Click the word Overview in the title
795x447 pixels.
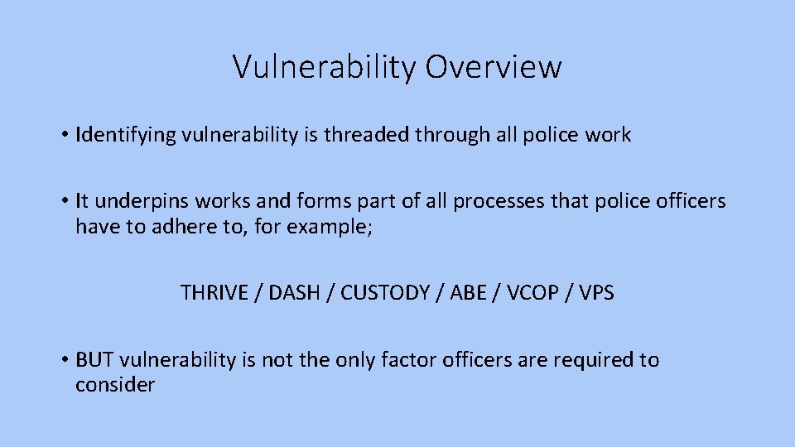[x=494, y=67]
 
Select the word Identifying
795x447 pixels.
[x=124, y=135]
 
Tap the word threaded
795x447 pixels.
[x=372, y=135]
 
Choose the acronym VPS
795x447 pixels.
[x=597, y=292]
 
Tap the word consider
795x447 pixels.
[x=114, y=385]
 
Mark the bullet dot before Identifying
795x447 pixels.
[x=64, y=136]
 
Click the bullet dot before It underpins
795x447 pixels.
[x=64, y=202]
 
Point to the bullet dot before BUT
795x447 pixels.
[x=64, y=361]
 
